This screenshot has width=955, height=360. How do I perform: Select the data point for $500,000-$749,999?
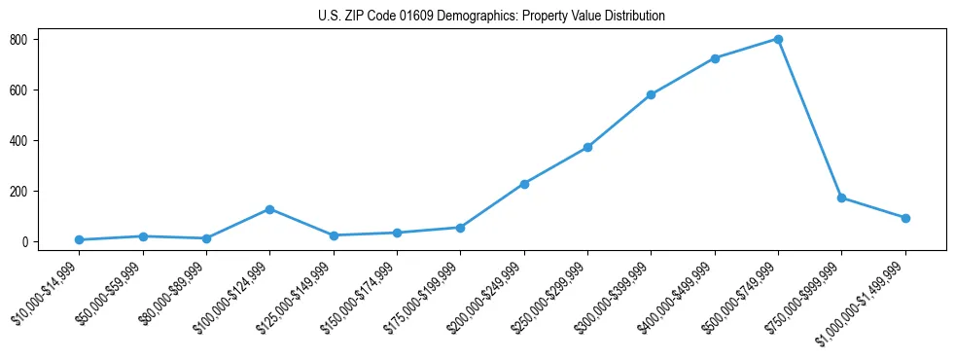pos(778,39)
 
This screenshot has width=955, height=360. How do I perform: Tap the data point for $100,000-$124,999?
pos(269,209)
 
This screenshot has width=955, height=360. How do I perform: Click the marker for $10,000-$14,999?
pos(79,239)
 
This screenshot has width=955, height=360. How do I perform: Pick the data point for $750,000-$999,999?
pos(841,198)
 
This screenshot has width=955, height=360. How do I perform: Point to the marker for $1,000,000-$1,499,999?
pos(905,218)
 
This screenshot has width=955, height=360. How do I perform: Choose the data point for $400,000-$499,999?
pos(715,58)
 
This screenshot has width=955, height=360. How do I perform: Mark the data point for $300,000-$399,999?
pos(651,94)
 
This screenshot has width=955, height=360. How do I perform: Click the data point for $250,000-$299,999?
pos(587,147)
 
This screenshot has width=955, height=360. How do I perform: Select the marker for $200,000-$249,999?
pos(524,184)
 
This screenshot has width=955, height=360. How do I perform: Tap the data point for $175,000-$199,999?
pos(460,228)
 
